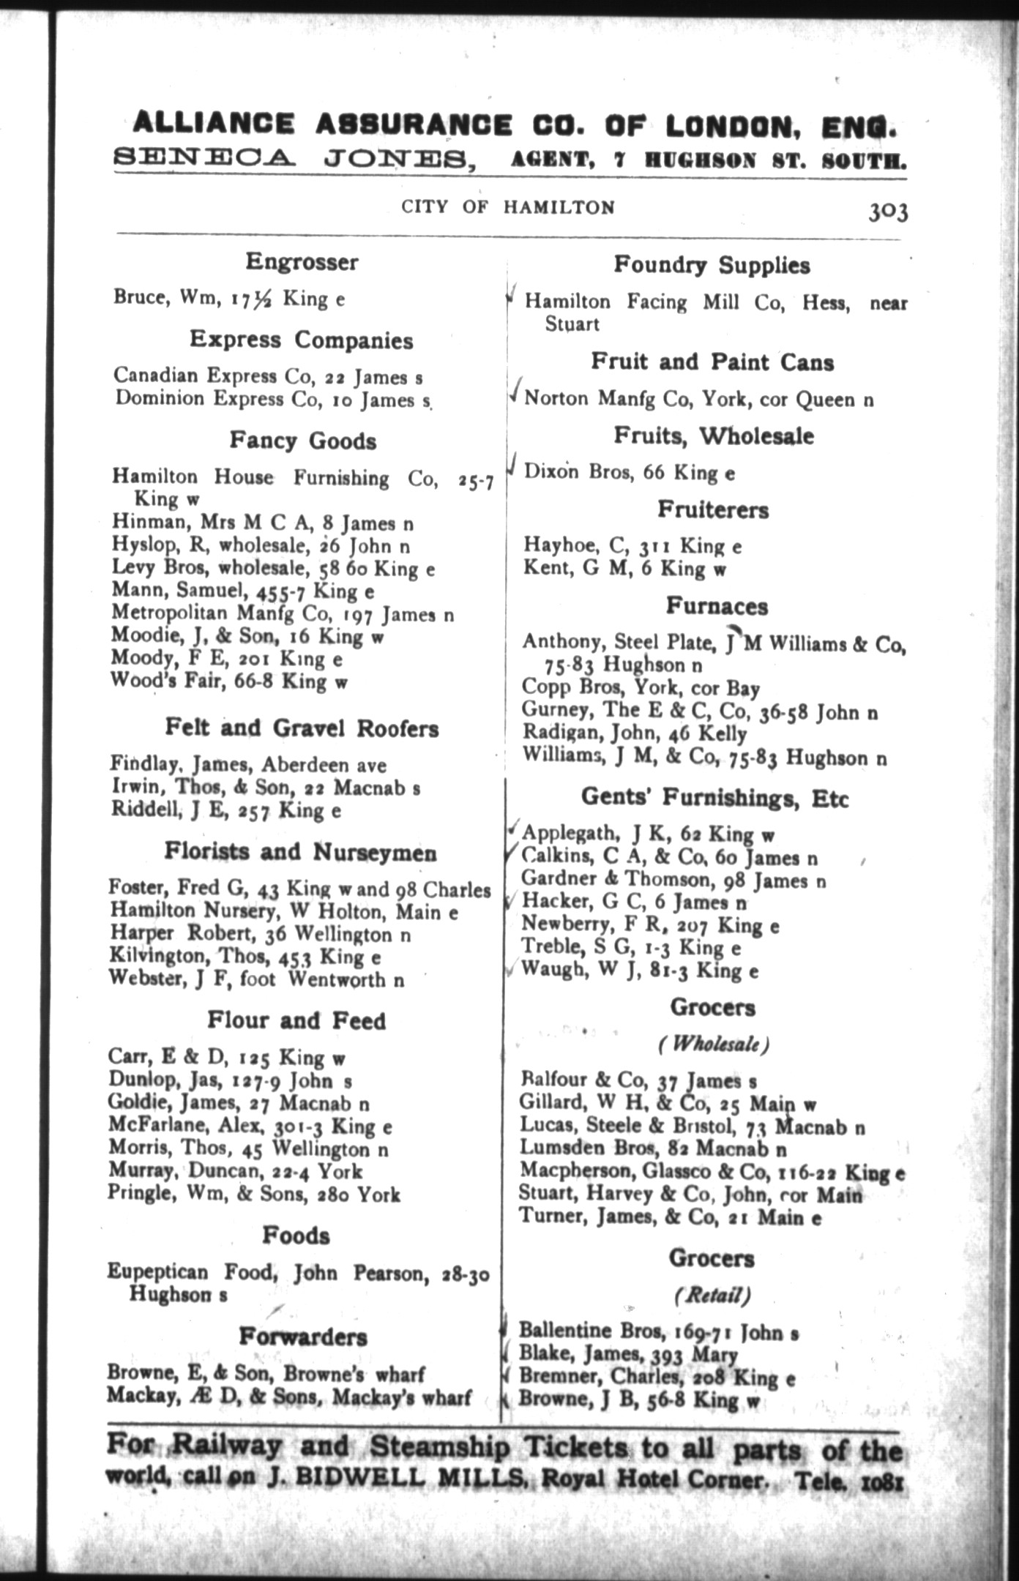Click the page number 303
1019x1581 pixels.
coord(888,212)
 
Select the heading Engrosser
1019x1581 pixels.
coord(302,262)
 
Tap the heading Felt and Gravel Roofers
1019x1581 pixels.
coord(302,728)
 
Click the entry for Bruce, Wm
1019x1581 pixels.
coord(229,299)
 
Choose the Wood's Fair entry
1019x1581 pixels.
coord(228,682)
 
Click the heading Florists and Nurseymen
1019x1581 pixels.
coord(301,852)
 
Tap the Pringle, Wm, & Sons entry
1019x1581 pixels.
coord(254,1195)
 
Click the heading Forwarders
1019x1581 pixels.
coord(303,1337)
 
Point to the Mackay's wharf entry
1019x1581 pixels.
coord(288,1397)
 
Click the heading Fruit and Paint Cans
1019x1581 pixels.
coord(712,362)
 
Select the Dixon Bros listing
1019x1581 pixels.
coord(629,473)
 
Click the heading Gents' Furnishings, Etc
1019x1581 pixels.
coord(714,797)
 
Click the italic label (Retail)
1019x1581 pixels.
coord(712,1296)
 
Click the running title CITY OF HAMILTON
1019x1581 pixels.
coord(508,208)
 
